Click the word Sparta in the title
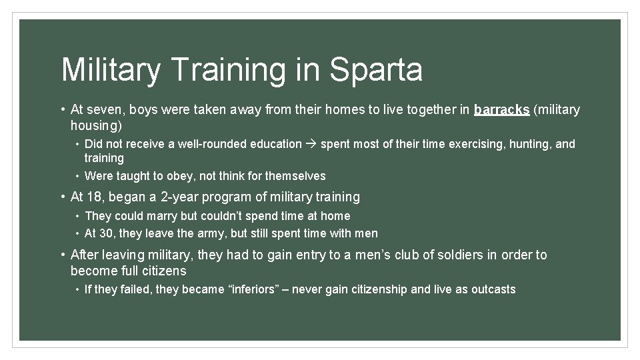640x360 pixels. pos(376,69)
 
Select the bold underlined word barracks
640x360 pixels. pos(501,109)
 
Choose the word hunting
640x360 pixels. pos(530,144)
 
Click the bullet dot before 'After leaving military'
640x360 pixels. pos(62,255)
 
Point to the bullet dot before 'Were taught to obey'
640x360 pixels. pos(77,176)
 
